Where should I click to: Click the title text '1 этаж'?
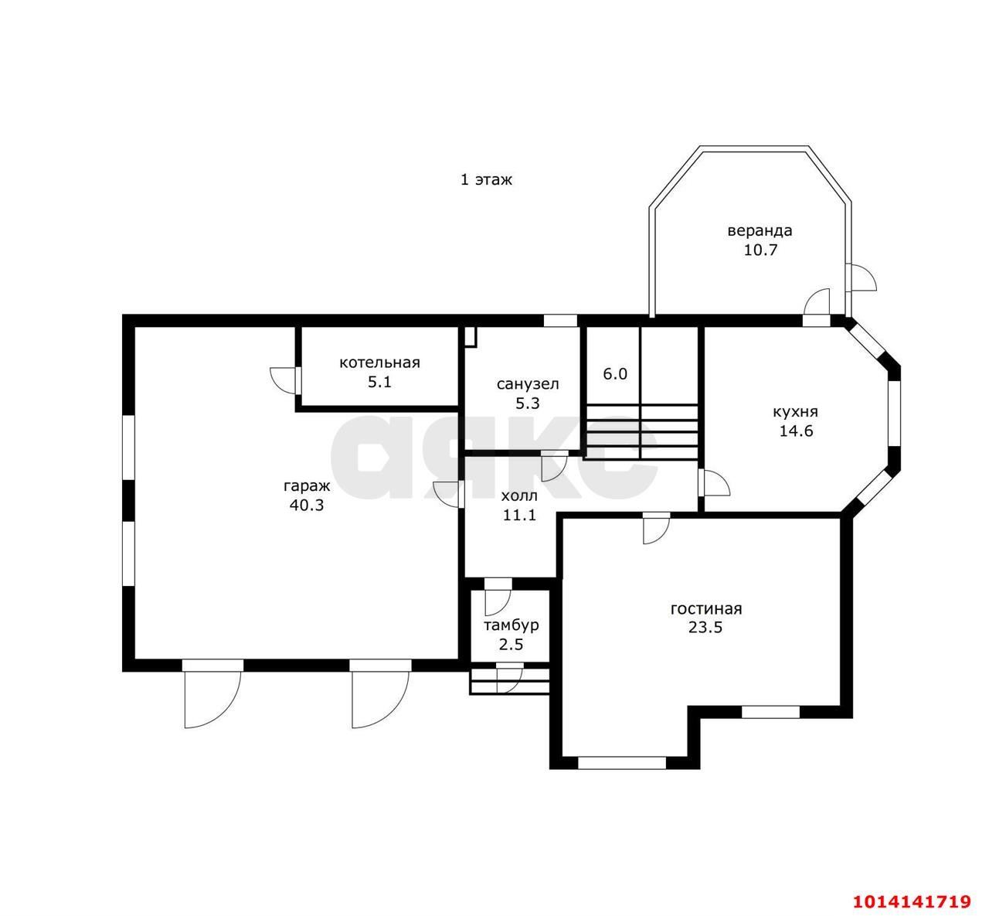[x=485, y=179]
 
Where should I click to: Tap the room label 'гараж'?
[x=307, y=486]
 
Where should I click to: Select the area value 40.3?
[x=307, y=506]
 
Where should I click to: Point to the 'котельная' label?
[x=379, y=363]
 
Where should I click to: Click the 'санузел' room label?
[x=528, y=384]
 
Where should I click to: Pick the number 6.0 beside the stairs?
[x=615, y=374]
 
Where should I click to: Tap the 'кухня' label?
[x=795, y=412]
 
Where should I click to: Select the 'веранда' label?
[x=760, y=231]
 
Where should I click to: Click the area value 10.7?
[x=760, y=250]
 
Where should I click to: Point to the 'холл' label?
[x=519, y=495]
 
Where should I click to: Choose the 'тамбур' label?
[x=511, y=625]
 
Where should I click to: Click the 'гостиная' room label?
[x=706, y=609]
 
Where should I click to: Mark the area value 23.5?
[x=705, y=628]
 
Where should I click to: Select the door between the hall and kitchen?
[x=712, y=482]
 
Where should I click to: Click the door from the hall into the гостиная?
[x=656, y=528]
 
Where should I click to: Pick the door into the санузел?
[x=554, y=466]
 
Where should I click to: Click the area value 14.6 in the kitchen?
[x=796, y=431]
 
